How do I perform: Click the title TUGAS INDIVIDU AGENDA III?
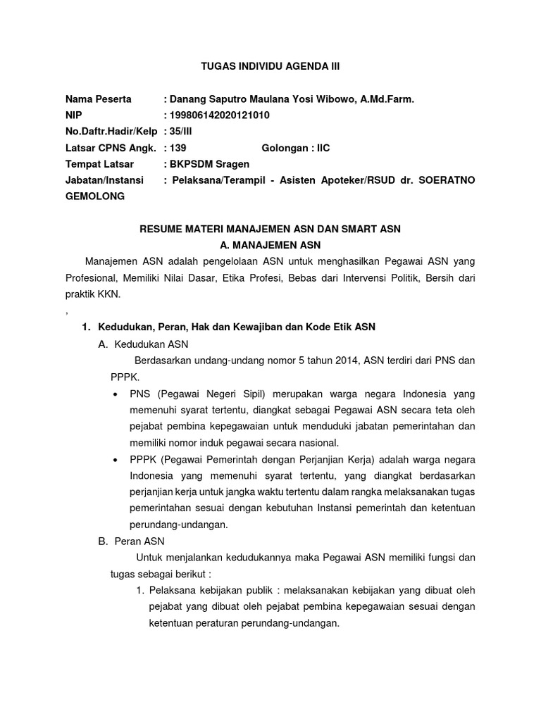point(270,67)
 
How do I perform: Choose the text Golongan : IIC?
point(295,148)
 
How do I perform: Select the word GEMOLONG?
point(95,196)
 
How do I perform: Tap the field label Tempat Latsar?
point(100,164)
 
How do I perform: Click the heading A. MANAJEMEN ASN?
point(270,245)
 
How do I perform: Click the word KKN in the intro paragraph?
point(109,294)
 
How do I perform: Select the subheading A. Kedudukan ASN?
point(144,344)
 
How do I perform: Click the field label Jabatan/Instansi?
point(104,180)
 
